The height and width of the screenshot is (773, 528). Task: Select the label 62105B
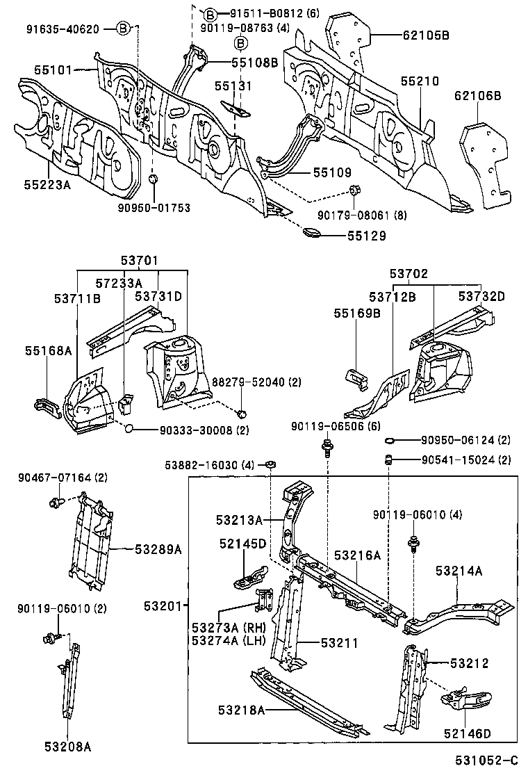click(425, 35)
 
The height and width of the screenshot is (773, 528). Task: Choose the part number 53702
click(409, 275)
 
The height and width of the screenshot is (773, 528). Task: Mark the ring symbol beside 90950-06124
click(390, 441)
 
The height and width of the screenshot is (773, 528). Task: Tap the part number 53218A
click(241, 710)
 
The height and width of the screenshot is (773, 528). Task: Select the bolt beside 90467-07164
click(56, 501)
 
